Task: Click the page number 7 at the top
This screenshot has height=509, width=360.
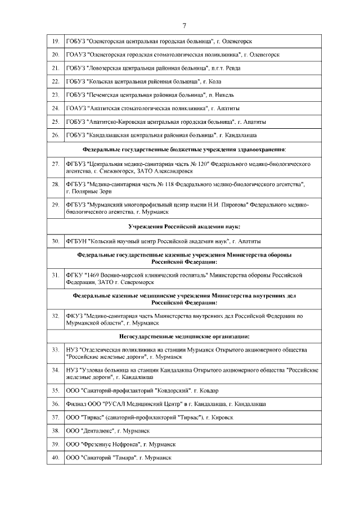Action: click(184, 25)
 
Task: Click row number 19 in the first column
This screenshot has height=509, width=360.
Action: click(55, 42)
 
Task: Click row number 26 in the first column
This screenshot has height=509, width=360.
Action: click(55, 136)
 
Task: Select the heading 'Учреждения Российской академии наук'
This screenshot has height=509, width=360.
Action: click(184, 226)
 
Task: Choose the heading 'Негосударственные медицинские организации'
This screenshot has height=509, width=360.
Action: click(184, 336)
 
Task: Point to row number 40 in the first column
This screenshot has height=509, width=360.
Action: click(55, 458)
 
